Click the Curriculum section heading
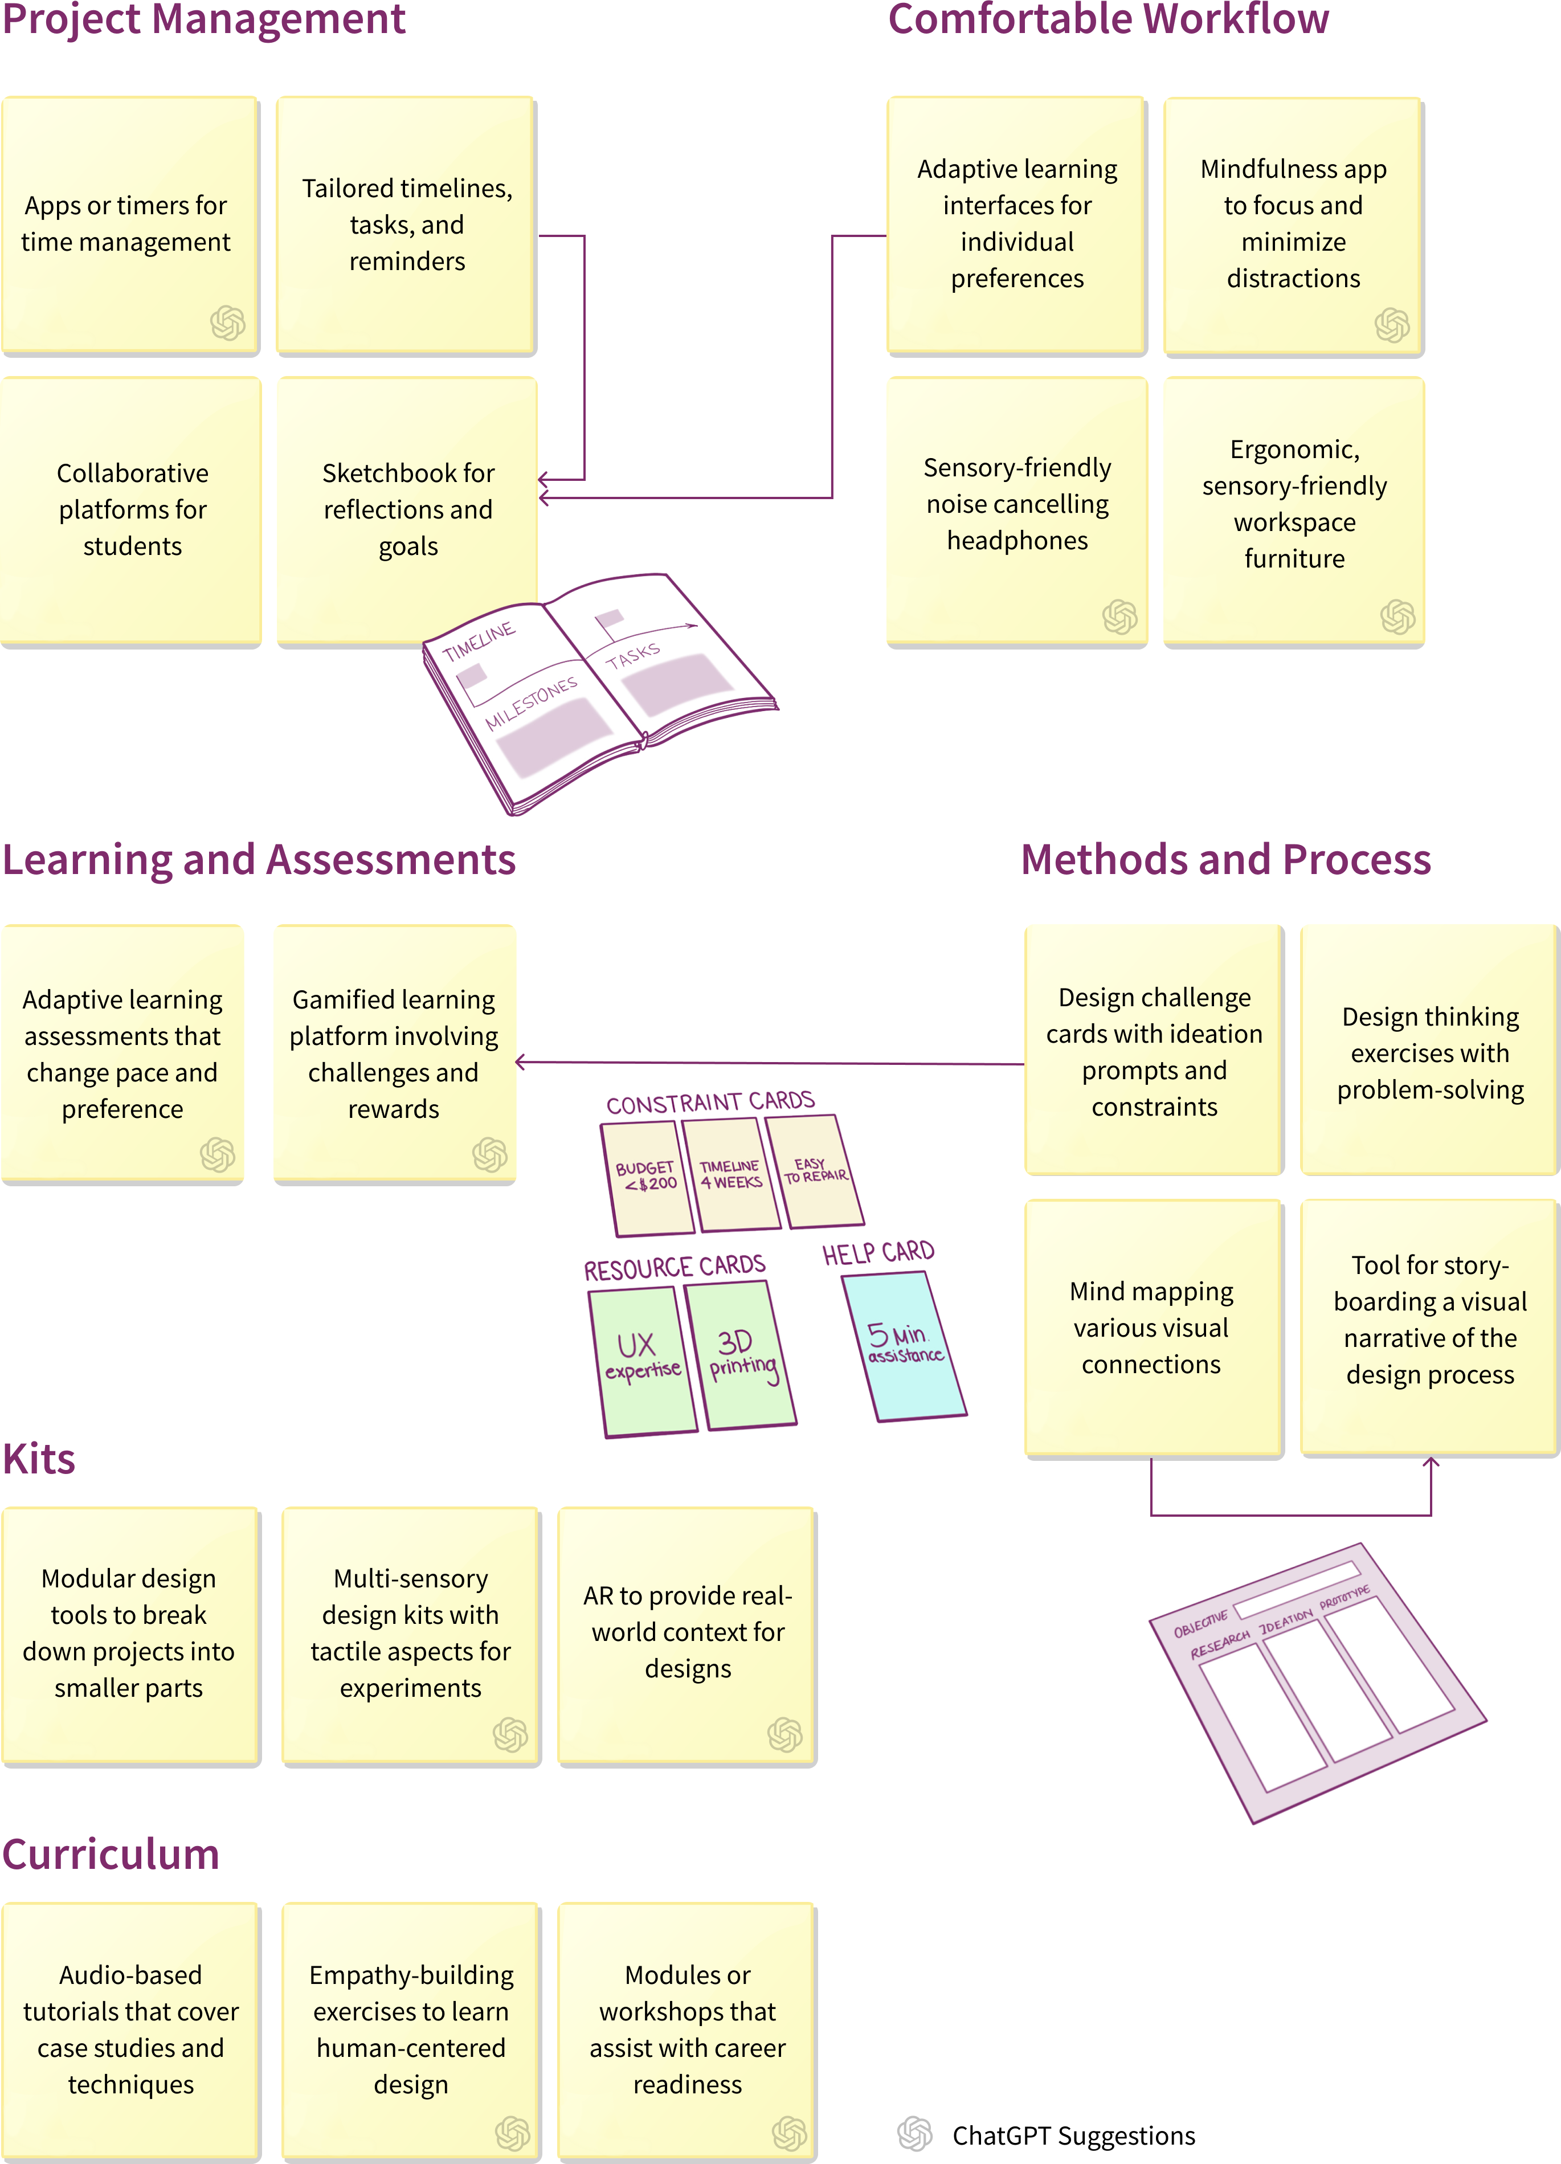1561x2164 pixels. pos(111,1854)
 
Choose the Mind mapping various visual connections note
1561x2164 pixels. pos(1153,1327)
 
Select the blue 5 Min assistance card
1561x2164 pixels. pos(905,1345)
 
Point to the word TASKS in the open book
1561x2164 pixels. pos(632,655)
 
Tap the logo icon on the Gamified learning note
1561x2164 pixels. pos(489,1154)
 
